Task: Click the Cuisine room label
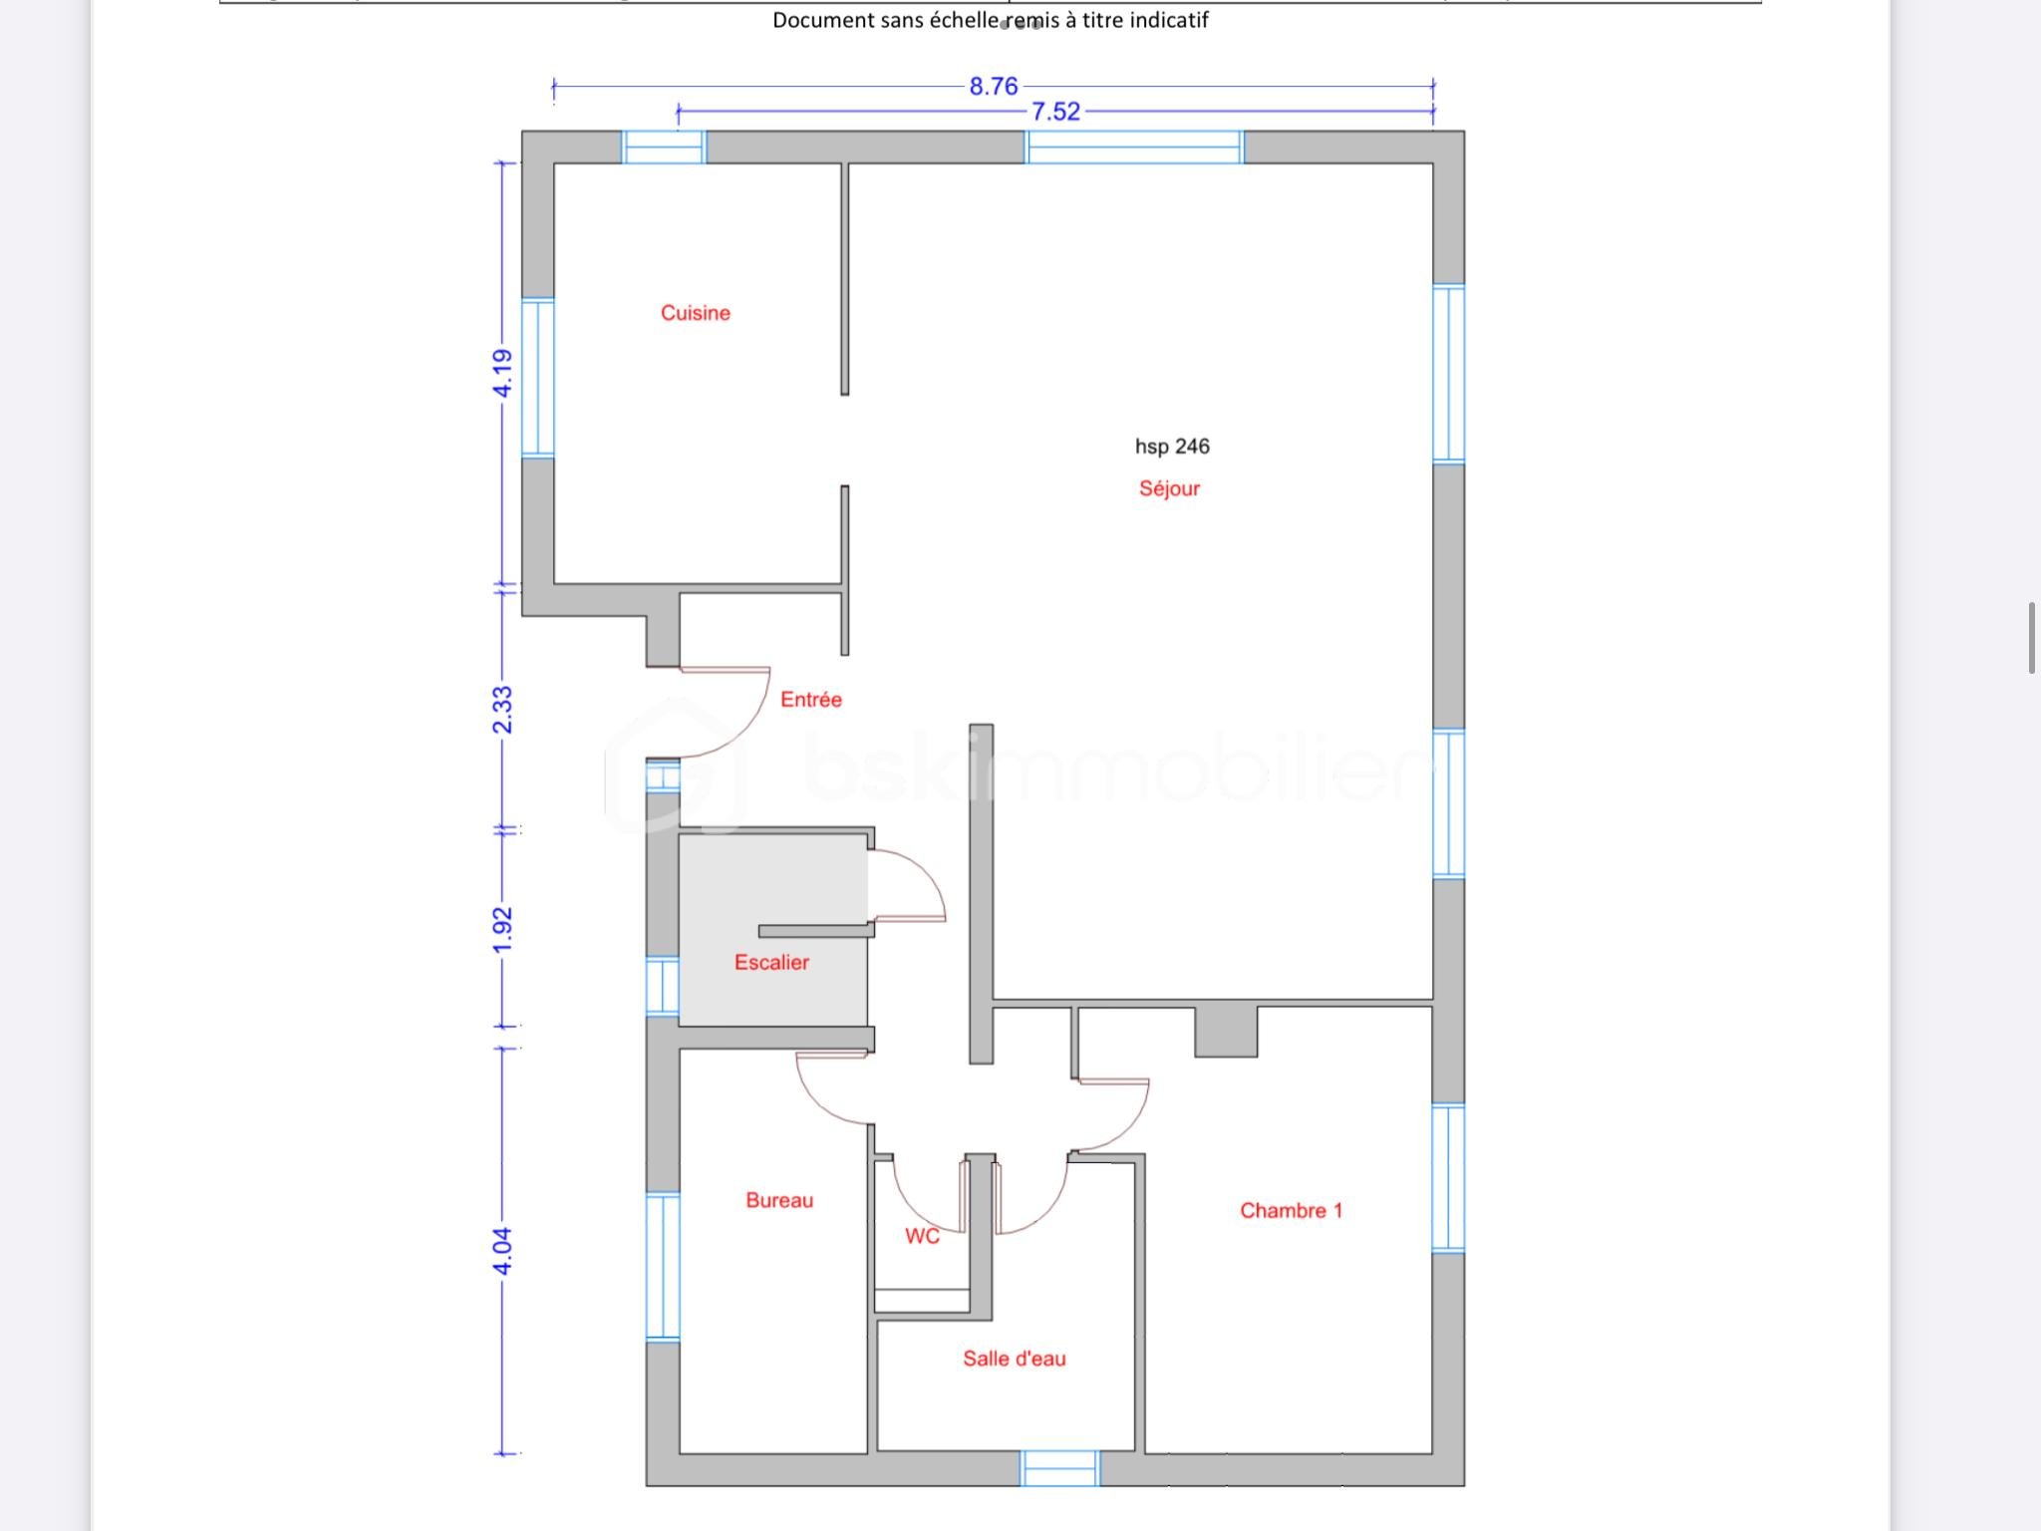click(695, 313)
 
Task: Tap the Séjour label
click(1169, 488)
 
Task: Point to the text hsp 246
click(1172, 447)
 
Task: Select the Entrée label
click(810, 700)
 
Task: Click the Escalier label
click(771, 962)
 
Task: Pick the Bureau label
click(779, 1200)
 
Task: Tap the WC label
click(922, 1236)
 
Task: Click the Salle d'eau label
click(1014, 1359)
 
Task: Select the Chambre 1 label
click(1291, 1210)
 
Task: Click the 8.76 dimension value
click(994, 87)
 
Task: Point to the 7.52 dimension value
click(1055, 112)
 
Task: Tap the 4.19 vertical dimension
click(503, 373)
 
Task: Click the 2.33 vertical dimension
click(503, 710)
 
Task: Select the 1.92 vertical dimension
click(503, 929)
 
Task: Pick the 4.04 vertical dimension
click(503, 1251)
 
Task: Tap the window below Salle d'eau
click(1059, 1468)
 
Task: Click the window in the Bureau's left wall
click(662, 1266)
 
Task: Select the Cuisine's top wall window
click(664, 148)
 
